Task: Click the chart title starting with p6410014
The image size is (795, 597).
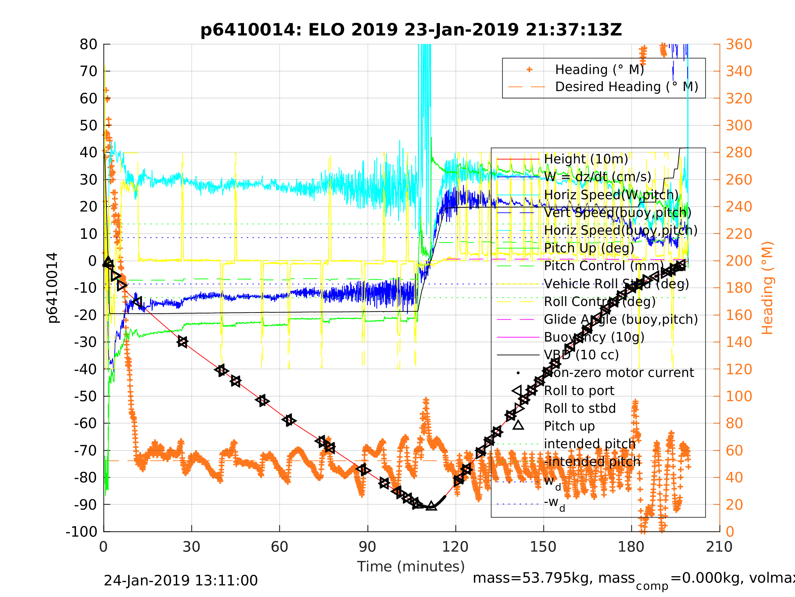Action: (x=411, y=30)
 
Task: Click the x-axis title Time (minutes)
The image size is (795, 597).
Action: (x=411, y=566)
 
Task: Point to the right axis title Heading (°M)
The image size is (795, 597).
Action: (x=767, y=288)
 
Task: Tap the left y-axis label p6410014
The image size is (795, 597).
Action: (x=52, y=288)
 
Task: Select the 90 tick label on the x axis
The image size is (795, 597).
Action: (x=367, y=547)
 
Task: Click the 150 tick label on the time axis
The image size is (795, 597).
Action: (x=543, y=547)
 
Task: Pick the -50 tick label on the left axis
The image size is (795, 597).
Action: (x=86, y=396)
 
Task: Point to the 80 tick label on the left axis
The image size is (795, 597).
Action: (x=88, y=45)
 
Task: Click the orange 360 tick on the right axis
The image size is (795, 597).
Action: (x=739, y=45)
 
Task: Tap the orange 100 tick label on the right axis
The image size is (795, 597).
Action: (x=739, y=396)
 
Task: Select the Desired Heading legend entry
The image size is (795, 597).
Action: (x=626, y=87)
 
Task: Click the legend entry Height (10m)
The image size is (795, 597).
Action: (x=586, y=159)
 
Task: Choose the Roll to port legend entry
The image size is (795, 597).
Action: (x=579, y=391)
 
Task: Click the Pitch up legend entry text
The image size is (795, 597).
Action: (x=569, y=426)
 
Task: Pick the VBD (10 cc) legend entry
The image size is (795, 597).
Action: (x=581, y=355)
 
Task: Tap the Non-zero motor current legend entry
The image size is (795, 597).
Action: (x=619, y=373)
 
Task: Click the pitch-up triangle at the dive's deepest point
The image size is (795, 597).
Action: (x=431, y=506)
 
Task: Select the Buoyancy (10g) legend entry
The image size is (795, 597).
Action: (x=594, y=337)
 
